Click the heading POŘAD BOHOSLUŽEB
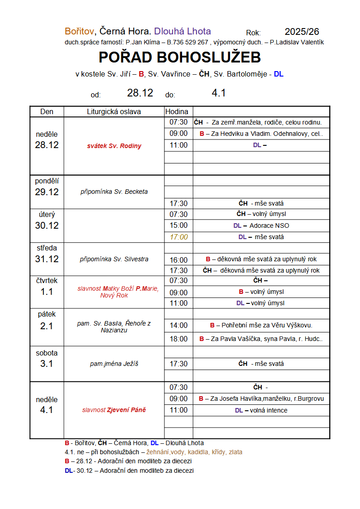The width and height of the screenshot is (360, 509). coord(180,58)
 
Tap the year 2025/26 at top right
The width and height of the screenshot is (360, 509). coord(302,32)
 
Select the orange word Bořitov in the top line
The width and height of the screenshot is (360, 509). coord(79,31)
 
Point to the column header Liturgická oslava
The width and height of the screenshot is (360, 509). coord(114,111)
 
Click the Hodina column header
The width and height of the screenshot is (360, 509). coord(177,111)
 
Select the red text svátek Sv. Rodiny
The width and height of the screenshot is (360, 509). coord(114,146)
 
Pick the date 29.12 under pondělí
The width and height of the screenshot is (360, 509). coord(47,192)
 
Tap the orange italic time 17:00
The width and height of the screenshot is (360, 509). coord(178,237)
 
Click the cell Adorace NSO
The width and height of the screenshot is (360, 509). coord(269,226)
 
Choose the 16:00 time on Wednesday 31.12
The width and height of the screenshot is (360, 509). coord(178,260)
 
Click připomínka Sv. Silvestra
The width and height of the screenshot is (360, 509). coord(114,259)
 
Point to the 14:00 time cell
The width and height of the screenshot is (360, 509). coord(178,325)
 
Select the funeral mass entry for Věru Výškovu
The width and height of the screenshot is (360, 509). coord(261,325)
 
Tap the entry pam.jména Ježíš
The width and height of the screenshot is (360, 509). coord(114,364)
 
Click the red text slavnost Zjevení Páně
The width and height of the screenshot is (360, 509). coord(114,410)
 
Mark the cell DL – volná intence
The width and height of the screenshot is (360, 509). coord(261,410)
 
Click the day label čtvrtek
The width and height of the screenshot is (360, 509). coord(47,281)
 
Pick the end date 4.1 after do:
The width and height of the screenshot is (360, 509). coord(219,93)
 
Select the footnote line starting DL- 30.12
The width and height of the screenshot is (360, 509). coord(129,471)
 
